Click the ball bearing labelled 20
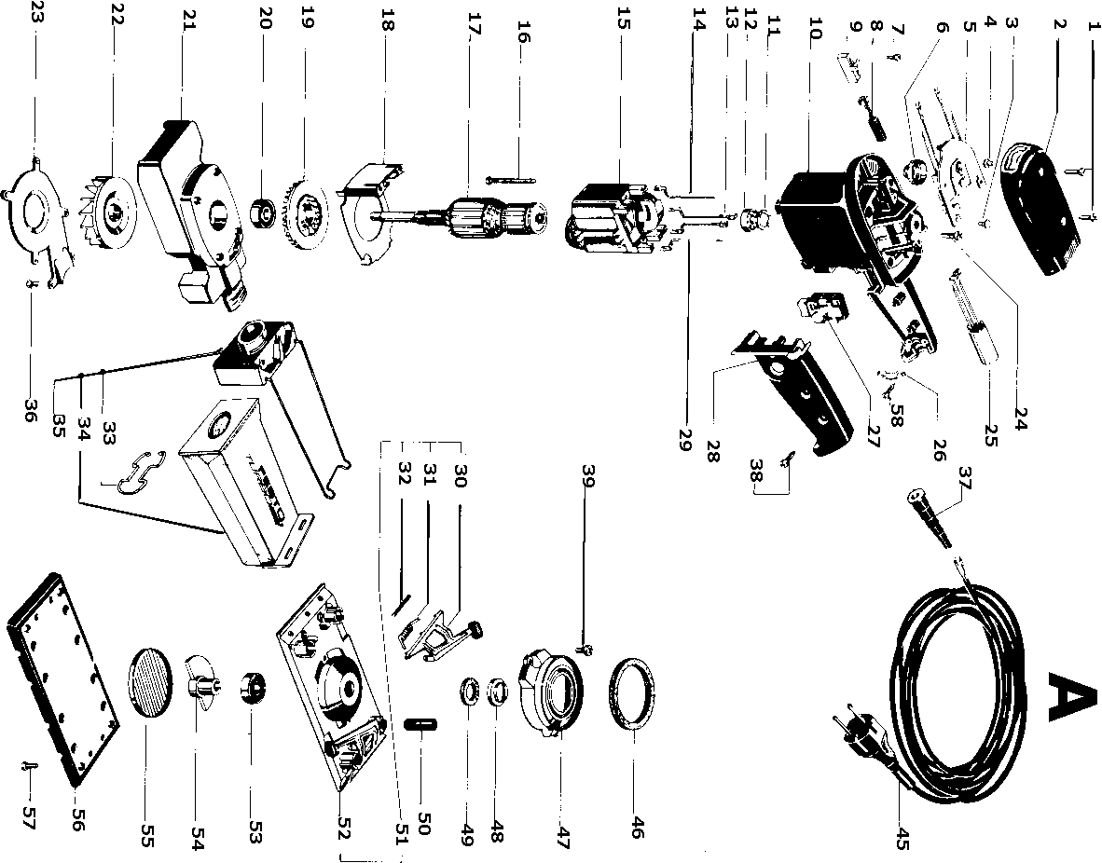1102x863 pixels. coord(267,213)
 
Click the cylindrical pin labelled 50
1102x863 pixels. coord(423,725)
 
